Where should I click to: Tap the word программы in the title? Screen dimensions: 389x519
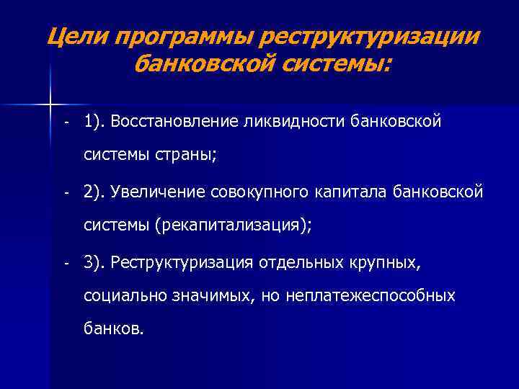coord(182,35)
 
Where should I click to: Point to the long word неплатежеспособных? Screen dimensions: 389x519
coord(371,296)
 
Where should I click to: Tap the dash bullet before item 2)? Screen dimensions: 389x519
coord(65,194)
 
